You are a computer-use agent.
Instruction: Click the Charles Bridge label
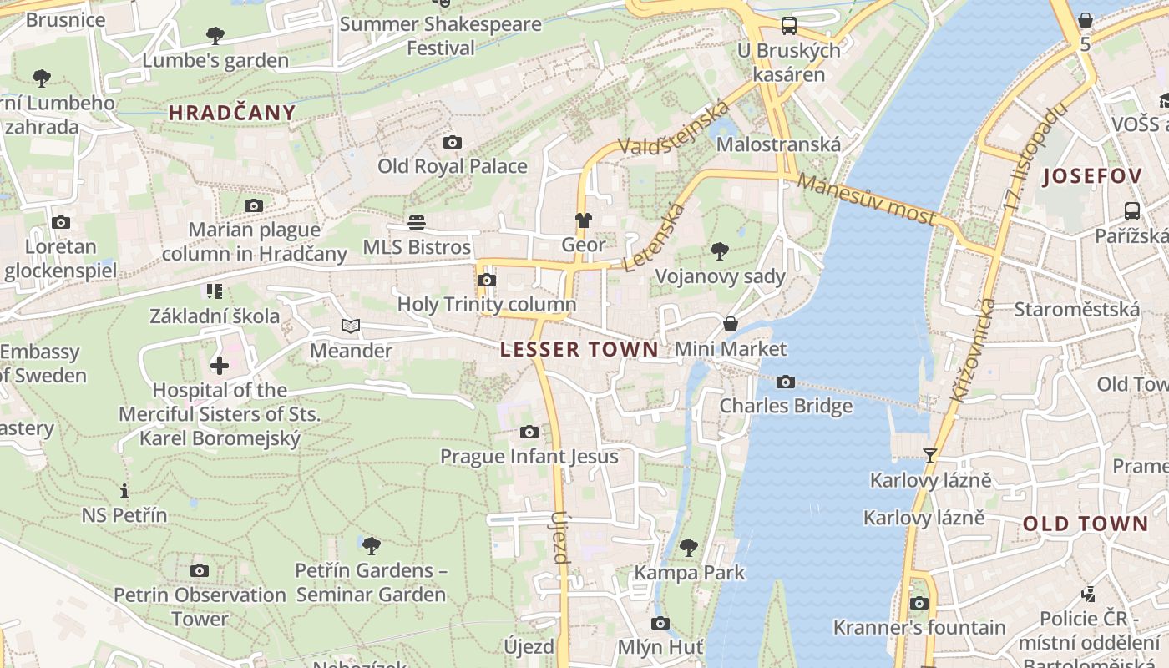point(786,406)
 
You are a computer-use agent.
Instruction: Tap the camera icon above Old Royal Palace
point(452,142)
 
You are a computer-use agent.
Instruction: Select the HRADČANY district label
point(232,113)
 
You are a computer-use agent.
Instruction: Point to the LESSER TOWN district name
point(579,350)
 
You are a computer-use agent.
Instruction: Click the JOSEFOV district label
point(1091,176)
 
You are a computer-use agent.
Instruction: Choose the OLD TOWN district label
point(1085,524)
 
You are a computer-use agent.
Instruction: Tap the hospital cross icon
point(219,366)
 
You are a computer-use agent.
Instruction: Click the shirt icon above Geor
point(583,220)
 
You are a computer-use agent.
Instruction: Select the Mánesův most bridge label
point(866,199)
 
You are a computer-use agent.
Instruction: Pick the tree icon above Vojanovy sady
point(719,250)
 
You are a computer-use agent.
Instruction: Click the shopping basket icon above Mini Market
point(731,324)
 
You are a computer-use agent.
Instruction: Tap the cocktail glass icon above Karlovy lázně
point(929,456)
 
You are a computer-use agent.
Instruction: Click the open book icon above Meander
point(351,326)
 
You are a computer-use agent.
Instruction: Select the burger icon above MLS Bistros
point(417,222)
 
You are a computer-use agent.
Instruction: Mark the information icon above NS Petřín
point(124,491)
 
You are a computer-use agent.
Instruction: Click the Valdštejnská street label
point(674,128)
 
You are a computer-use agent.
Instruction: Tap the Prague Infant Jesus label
point(529,457)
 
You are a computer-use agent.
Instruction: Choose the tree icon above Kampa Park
point(689,548)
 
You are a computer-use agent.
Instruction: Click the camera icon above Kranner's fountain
point(918,603)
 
